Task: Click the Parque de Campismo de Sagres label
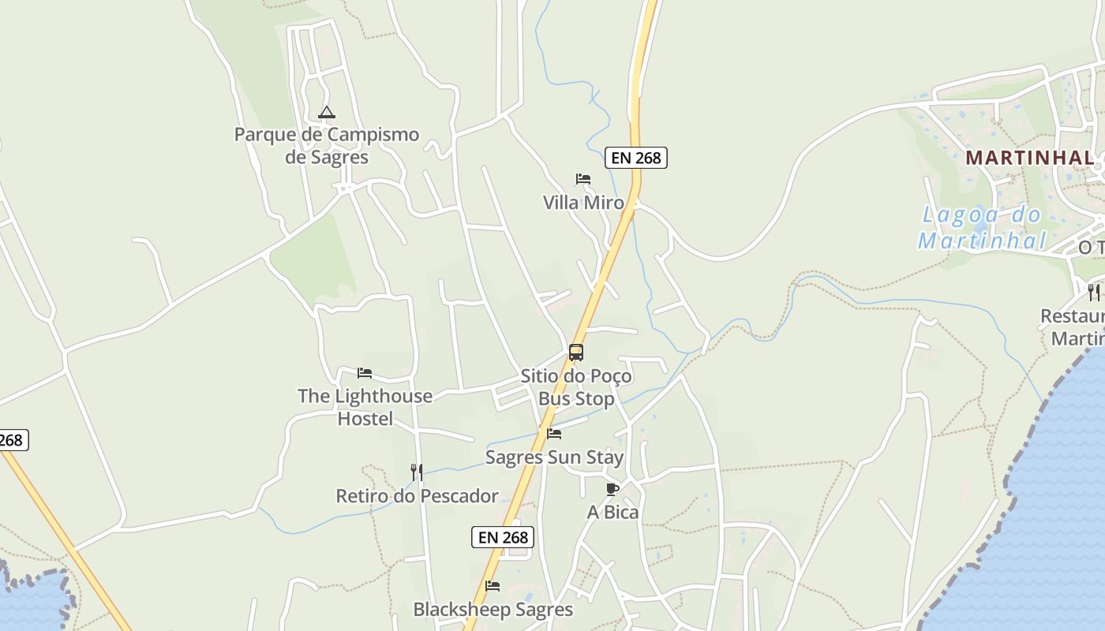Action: (x=326, y=146)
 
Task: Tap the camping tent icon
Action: (x=327, y=113)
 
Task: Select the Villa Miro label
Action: (x=583, y=203)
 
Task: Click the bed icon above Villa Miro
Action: (x=583, y=179)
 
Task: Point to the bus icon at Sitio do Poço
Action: (x=576, y=353)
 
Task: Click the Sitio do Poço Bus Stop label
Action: (x=576, y=387)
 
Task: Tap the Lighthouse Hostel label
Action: (x=365, y=407)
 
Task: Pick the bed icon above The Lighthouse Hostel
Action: (x=365, y=373)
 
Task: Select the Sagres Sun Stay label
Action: (x=554, y=457)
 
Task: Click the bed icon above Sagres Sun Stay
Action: (x=554, y=434)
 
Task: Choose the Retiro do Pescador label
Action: (x=417, y=496)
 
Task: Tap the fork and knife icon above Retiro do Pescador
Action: (x=417, y=472)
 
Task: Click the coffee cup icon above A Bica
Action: (x=612, y=489)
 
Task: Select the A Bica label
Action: (x=612, y=513)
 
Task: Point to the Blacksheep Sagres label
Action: (x=493, y=610)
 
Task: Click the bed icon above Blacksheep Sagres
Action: (x=493, y=586)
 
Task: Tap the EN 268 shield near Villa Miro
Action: (x=636, y=158)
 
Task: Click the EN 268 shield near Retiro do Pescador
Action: (x=503, y=538)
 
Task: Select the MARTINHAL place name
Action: (x=1030, y=158)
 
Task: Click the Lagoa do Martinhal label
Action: (x=983, y=227)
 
